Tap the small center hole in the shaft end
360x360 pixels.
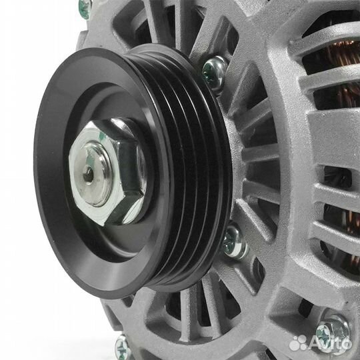coord(88,175)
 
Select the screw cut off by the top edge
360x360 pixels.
coord(85,7)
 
